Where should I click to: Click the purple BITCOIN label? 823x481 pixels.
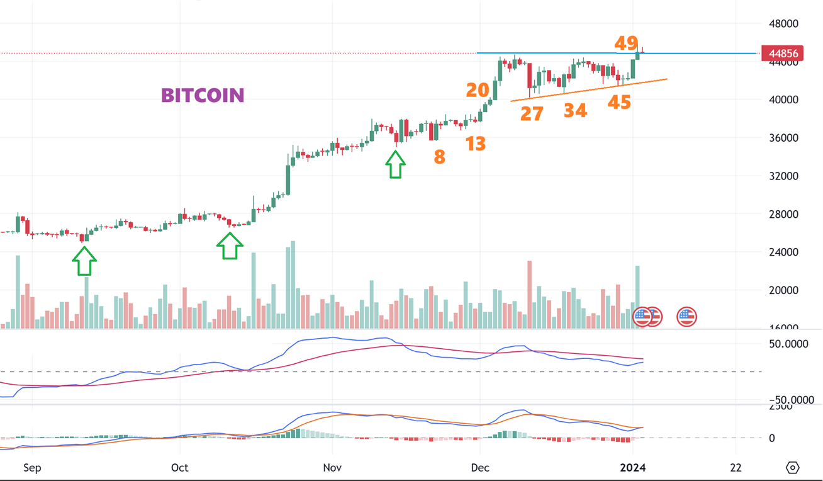pyautogui.click(x=203, y=95)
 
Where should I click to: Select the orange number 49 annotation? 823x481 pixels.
pyautogui.click(x=626, y=43)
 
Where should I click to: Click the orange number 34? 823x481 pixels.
pyautogui.click(x=575, y=111)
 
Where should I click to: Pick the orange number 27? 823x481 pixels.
pyautogui.click(x=532, y=114)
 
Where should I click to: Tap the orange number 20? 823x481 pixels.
pyautogui.click(x=478, y=90)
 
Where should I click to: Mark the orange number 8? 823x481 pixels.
pyautogui.click(x=439, y=157)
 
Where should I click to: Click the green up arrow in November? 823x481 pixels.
pyautogui.click(x=395, y=165)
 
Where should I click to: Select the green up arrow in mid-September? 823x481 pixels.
pyautogui.click(x=84, y=261)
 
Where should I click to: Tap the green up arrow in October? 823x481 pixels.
pyautogui.click(x=230, y=246)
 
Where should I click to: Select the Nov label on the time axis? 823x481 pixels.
pyautogui.click(x=332, y=468)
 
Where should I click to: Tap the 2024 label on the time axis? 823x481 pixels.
pyautogui.click(x=634, y=468)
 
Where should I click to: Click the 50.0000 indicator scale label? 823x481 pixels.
pyautogui.click(x=791, y=345)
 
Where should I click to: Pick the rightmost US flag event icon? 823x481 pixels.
pyautogui.click(x=686, y=316)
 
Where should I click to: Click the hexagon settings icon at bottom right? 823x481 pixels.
pyautogui.click(x=793, y=467)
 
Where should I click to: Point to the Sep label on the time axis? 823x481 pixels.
pyautogui.click(x=32, y=468)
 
